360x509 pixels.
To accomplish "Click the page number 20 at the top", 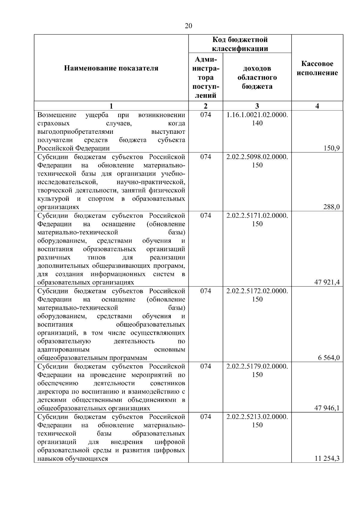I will coord(188,26).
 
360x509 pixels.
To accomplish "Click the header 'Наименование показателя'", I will coord(111,68).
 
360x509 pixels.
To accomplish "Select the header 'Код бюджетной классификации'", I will coord(240,44).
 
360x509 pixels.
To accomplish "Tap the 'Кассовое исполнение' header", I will coord(317,68).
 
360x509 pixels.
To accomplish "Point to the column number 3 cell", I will coord(257,106).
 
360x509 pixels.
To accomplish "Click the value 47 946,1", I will coord(327,408).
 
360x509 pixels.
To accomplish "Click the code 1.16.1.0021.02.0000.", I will coord(257,115).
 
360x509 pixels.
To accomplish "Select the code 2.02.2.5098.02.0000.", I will coord(257,157).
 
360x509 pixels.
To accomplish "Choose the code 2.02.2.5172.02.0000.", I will coord(257,291).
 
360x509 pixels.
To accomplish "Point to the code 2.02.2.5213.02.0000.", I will coord(257,417).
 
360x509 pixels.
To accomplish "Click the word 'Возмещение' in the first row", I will coord(57,115).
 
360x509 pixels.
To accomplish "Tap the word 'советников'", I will coord(167,383).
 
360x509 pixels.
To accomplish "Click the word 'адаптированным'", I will coord(63,349).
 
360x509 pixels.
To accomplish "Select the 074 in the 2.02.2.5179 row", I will coord(205,366).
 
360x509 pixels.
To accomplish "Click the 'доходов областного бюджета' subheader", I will coord(257,77).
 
